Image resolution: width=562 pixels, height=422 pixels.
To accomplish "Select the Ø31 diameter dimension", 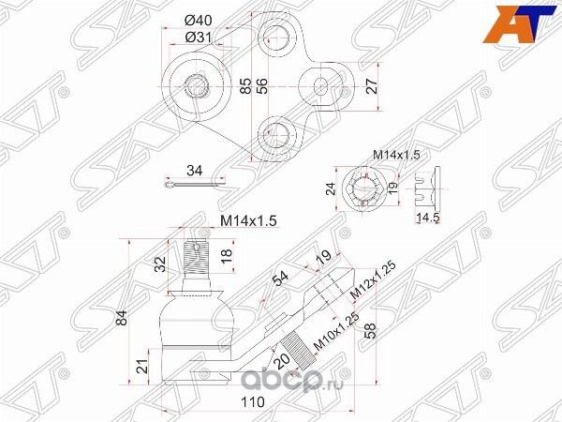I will tap(197, 37).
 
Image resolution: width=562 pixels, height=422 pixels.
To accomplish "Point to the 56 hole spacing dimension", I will tap(263, 86).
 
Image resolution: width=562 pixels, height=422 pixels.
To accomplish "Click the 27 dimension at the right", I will tap(372, 86).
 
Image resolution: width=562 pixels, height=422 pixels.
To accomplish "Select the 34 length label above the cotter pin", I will tap(194, 172).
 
